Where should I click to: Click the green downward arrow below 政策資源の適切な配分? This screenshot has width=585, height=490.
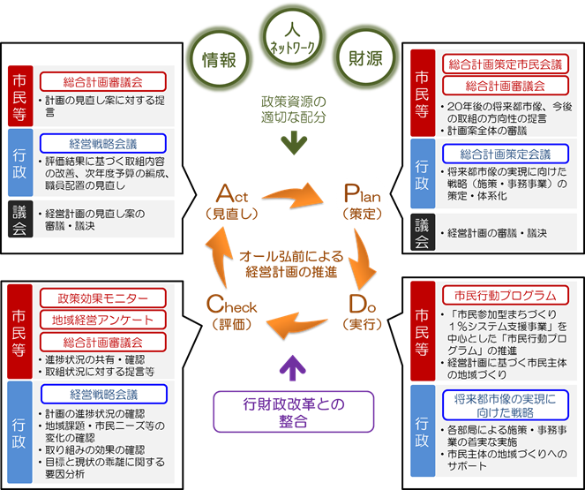coord(292,141)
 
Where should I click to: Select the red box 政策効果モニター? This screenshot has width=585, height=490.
coord(102,298)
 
